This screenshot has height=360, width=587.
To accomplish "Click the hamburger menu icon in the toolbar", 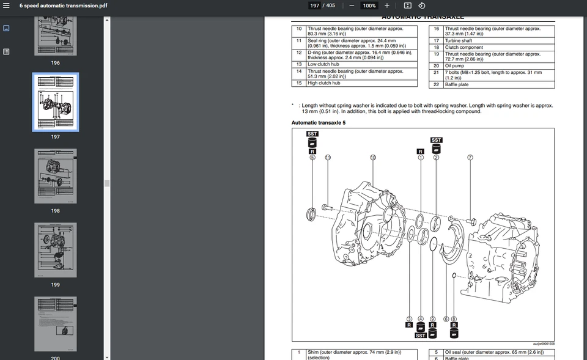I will pos(6,6).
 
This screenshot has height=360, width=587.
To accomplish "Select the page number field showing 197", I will pos(314,6).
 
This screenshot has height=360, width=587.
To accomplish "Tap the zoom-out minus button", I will pos(352,6).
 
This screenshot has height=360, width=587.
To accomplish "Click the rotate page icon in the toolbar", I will pos(421,6).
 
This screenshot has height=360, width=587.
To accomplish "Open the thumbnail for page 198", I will pos(56,178).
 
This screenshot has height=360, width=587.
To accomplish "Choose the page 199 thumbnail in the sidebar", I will pos(56,250).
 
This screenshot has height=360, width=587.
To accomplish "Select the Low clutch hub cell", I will pos(323,64).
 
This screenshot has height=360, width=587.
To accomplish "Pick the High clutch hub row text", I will pos(324,83).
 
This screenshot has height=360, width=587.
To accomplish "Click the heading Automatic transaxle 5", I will pos(319,123).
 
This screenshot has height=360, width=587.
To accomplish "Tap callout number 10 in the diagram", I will pos(373,157).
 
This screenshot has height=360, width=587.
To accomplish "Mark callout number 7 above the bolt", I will pos(470,157).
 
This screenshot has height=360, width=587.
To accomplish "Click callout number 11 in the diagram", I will pos(328,157).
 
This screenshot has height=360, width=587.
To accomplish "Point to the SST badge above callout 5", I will pos(312,134).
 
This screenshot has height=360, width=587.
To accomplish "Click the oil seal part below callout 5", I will pos(312,213).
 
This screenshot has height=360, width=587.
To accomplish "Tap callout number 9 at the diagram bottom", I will pos(432,318).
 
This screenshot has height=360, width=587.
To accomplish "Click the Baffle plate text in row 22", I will pos(457,85).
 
